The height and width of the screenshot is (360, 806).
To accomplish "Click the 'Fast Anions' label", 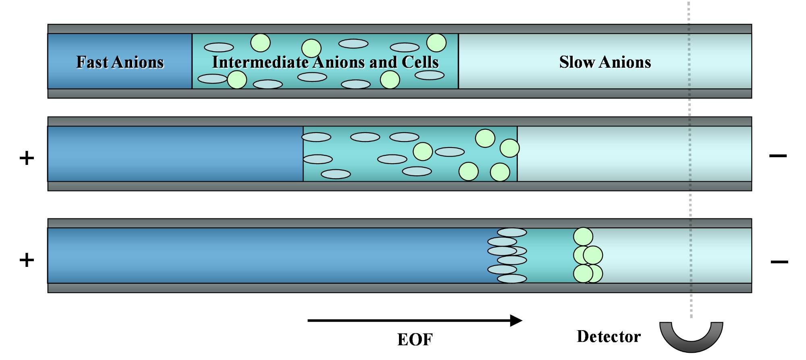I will (120, 62).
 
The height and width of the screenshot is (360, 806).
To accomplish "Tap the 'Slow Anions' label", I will (605, 62).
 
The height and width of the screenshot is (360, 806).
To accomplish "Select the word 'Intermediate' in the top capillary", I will (260, 62).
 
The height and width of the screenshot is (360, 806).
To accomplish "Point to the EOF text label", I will (415, 339).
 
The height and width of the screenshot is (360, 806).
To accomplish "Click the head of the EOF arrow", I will (516, 320).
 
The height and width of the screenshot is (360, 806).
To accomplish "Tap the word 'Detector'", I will (609, 337).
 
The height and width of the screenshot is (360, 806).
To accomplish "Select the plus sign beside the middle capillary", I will (27, 158).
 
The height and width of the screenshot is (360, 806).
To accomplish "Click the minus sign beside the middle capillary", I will (778, 156).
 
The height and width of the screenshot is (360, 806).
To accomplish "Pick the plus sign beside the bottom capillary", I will (27, 260).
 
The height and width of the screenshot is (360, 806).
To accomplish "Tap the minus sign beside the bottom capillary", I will (779, 262).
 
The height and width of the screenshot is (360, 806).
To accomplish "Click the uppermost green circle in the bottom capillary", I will (583, 237).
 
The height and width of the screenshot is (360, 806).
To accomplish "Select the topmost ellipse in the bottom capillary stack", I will (512, 233).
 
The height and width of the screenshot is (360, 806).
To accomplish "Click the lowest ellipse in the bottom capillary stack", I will (512, 279).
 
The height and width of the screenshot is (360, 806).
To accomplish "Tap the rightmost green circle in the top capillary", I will (436, 43).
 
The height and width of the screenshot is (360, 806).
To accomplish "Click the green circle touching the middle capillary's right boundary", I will (509, 148).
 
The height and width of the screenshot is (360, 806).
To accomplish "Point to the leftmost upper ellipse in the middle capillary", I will (316, 137).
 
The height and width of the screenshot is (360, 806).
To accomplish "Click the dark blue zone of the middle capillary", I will (175, 154).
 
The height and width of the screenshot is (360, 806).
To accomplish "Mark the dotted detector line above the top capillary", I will (689, 12).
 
